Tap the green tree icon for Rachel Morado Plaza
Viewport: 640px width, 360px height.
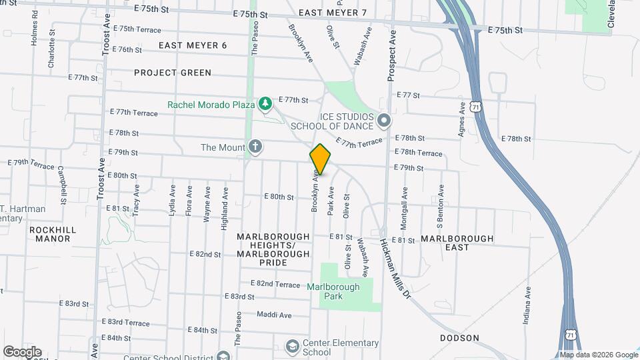point(265,103)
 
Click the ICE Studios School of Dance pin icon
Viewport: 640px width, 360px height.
point(384,121)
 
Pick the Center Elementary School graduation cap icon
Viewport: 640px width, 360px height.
point(292,347)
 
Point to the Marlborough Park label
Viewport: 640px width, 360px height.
point(333,291)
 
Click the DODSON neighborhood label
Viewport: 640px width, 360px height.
point(459,338)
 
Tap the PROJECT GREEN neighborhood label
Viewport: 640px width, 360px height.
point(173,73)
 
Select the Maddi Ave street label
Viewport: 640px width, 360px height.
point(275,315)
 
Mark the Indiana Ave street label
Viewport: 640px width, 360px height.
point(527,305)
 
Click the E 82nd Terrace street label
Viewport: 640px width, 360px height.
point(275,284)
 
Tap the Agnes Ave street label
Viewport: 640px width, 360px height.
point(461,119)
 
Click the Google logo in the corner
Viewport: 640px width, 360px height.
point(22,352)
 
